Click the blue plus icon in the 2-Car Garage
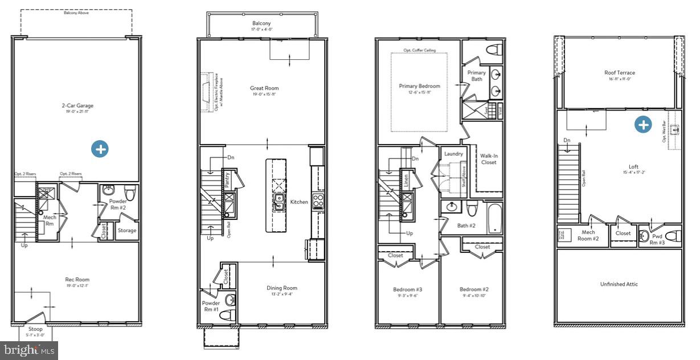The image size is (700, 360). point(100,149)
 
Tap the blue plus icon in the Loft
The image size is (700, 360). point(644,125)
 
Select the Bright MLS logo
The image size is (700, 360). point(29,350)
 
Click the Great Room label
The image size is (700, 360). point(264,88)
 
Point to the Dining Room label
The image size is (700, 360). point(282,288)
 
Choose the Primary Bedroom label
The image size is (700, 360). point(419,86)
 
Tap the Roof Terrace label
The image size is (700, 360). point(620,73)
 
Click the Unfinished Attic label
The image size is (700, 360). point(619,284)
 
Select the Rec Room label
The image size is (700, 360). point(77,280)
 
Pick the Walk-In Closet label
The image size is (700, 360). point(488,158)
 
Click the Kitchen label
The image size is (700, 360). point(299,202)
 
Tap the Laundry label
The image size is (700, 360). point(453,154)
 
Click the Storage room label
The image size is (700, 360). point(127,231)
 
